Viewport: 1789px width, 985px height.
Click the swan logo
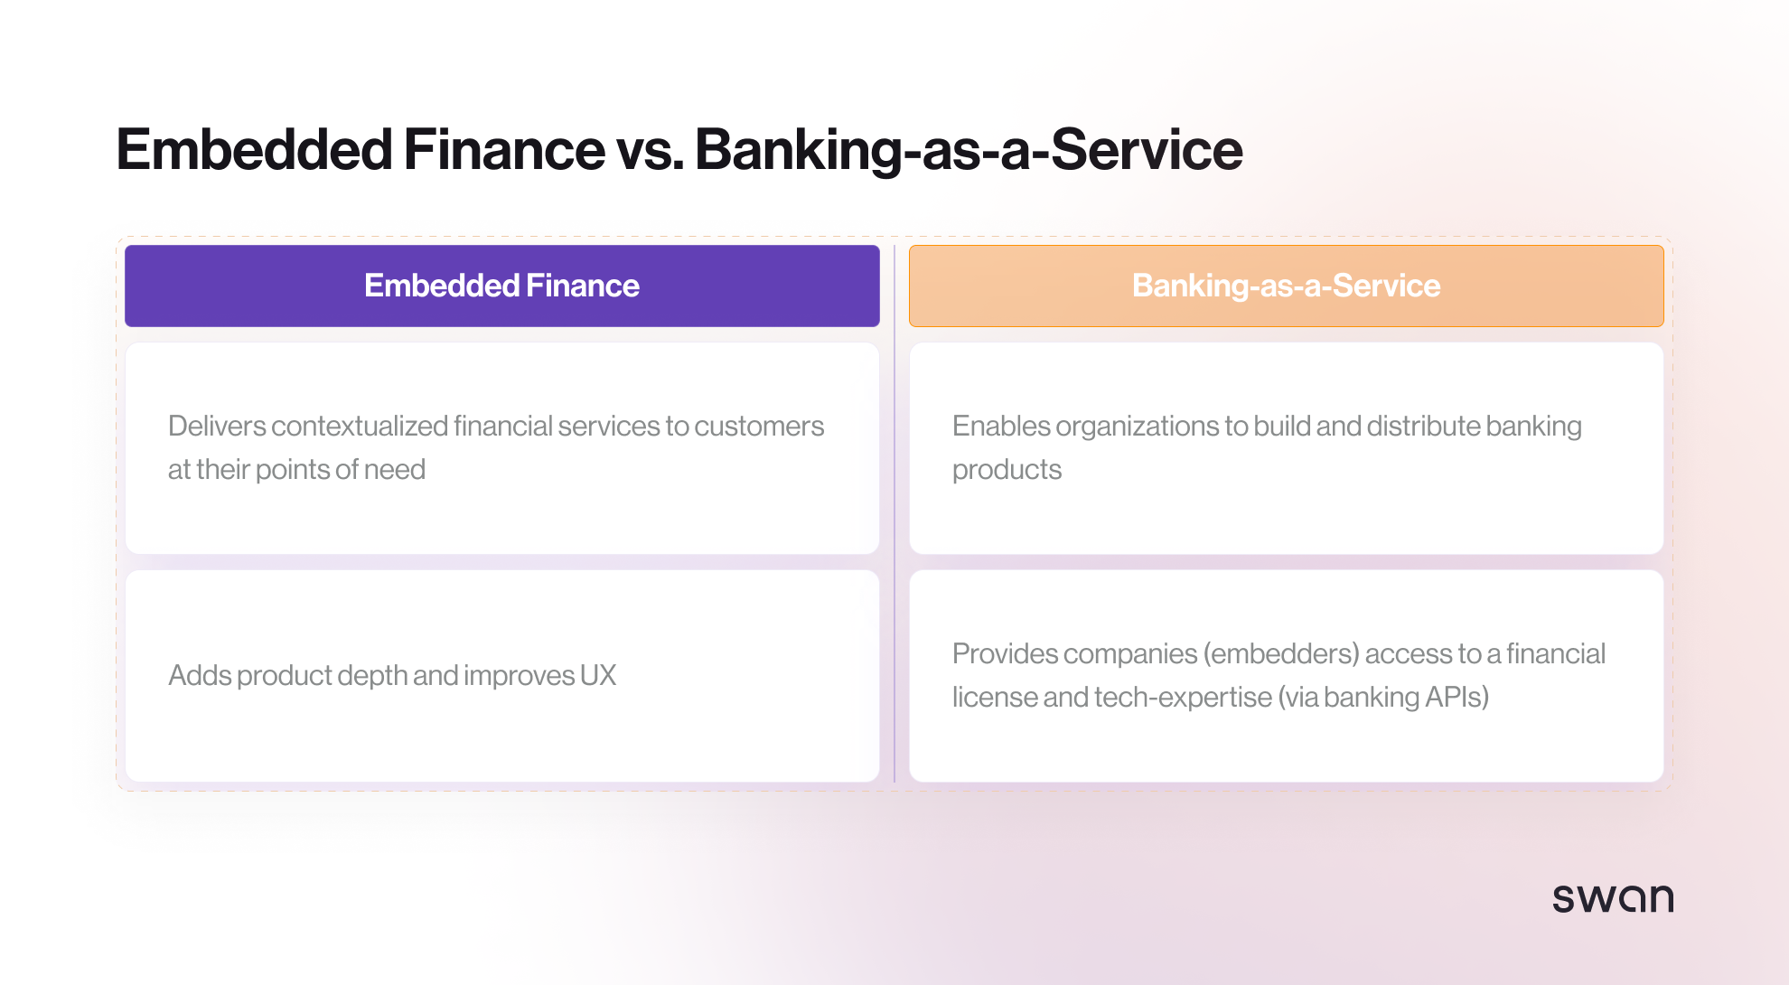click(1613, 898)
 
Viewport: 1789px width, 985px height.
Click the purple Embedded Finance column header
click(501, 286)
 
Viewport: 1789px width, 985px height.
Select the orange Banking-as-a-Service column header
click(1286, 286)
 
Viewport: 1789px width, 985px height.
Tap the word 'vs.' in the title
click(649, 150)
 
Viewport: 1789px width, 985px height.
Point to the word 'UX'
click(598, 675)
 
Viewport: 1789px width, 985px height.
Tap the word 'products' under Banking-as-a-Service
click(1007, 470)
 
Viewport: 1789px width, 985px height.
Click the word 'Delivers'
click(217, 426)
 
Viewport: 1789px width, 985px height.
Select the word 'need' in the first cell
click(395, 470)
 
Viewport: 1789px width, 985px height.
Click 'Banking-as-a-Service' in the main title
click(968, 150)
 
